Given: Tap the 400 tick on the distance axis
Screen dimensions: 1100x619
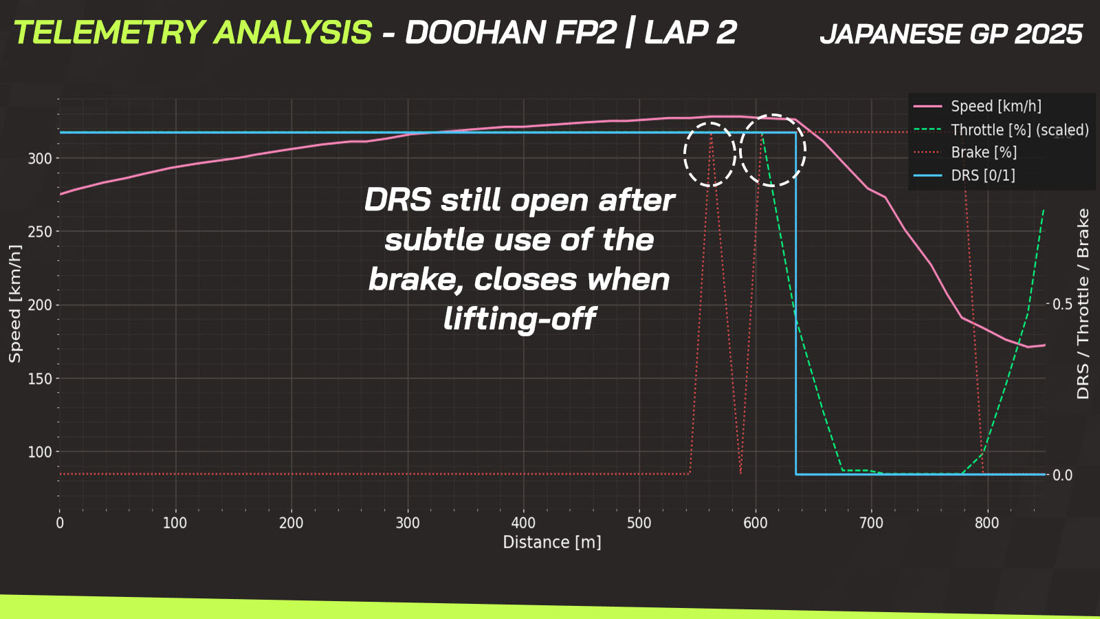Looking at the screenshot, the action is click(523, 523).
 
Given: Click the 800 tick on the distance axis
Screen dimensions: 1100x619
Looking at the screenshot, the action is click(987, 523).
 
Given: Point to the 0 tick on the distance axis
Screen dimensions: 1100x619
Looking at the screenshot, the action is click(59, 523).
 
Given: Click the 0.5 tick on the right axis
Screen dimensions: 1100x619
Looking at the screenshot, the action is click(1062, 304).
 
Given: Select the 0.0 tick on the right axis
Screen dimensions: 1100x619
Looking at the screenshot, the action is click(1062, 475).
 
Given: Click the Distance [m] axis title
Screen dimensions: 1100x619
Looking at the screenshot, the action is click(552, 543).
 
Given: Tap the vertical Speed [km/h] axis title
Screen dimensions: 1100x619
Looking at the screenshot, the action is click(14, 303).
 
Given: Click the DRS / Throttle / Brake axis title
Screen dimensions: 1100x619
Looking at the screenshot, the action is click(1082, 303).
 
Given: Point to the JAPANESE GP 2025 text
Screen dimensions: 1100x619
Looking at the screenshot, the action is click(951, 34).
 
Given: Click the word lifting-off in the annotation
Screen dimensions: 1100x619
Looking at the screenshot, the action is click(520, 319).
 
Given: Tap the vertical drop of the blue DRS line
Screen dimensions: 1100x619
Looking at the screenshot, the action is click(796, 303).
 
